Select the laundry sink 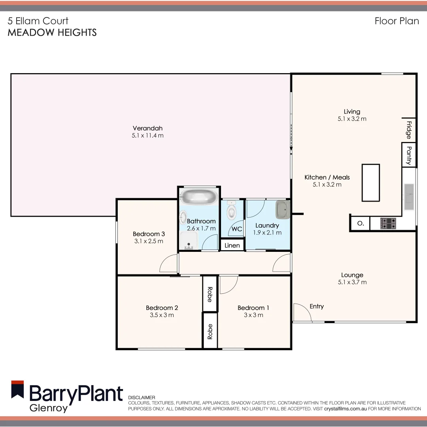283,209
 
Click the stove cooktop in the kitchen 388,224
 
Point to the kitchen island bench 371,183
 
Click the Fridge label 409,130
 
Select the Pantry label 409,155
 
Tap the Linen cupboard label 232,246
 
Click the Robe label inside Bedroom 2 210,295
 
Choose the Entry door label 317,306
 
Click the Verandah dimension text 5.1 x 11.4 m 147,136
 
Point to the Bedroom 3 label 149,234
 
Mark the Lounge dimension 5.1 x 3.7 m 352,282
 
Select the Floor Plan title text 397,21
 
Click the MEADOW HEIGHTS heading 52,32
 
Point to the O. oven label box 360,223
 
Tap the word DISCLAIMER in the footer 142,397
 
